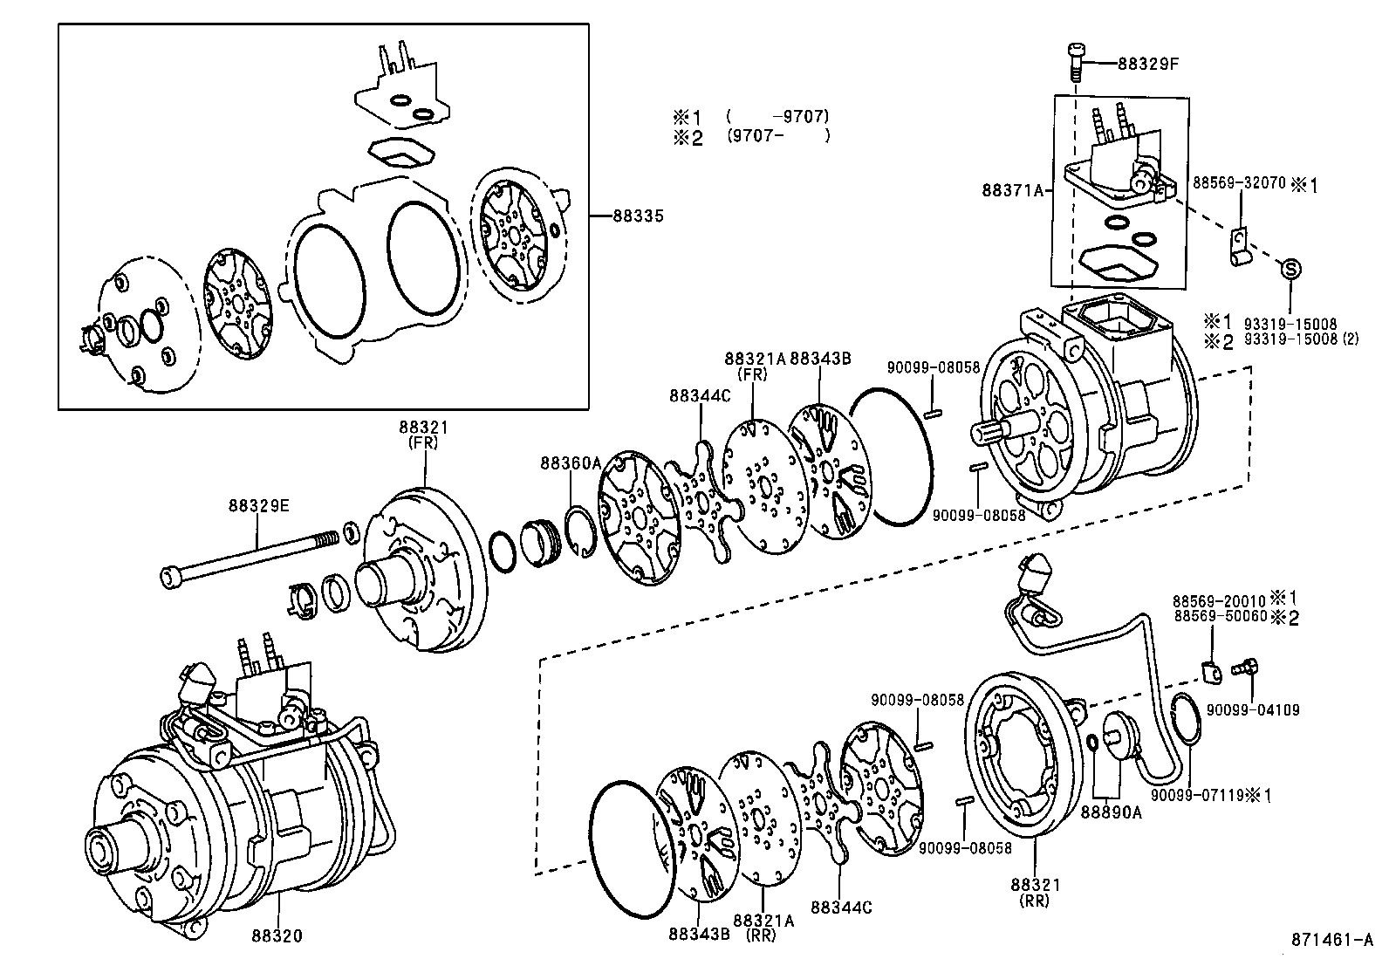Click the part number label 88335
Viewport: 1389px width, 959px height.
pos(638,216)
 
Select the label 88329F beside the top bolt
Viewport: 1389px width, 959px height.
pos(1148,64)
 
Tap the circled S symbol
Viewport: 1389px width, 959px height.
pos(1290,269)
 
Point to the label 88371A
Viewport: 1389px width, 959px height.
pos(1013,190)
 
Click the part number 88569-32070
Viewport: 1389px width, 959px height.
pos(1239,183)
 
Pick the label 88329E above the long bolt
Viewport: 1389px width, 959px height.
pos(258,505)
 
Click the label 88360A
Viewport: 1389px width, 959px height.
pos(571,462)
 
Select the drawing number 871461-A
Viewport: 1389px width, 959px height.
pos(1332,940)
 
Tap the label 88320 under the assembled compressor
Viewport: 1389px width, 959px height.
pos(277,936)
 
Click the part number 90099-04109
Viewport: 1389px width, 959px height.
pos(1253,710)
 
